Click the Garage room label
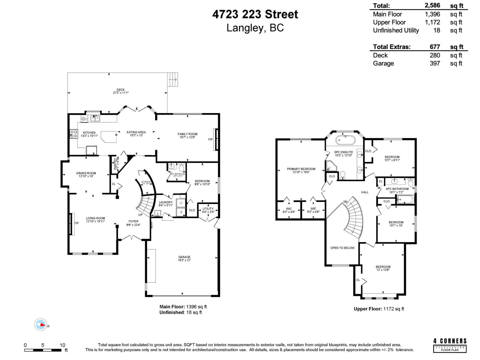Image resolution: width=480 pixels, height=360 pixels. coord(184,257)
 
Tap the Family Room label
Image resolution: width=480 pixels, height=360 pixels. coord(187,134)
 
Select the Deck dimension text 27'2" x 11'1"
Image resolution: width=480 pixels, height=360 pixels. coord(120,93)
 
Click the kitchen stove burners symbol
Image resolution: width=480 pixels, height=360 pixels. coord(73,134)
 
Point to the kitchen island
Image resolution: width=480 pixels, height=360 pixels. coord(109,136)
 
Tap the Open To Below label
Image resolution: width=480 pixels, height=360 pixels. coord(342,248)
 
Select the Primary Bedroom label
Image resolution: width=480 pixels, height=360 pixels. coord(301,169)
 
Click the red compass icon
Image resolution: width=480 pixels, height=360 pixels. coord(40,325)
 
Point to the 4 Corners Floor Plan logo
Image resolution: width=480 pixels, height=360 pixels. coord(450,345)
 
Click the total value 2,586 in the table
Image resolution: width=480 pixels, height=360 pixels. coord(432,5)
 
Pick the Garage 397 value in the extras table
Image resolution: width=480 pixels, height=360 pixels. coord(435,63)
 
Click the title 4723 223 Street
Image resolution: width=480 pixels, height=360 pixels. coord(255,14)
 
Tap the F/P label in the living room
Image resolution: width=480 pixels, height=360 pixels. coord(76,223)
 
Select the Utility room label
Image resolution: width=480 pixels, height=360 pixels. coord(208,209)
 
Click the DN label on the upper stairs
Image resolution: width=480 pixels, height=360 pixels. coord(345,202)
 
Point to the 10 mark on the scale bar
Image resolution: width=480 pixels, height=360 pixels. coord(62,345)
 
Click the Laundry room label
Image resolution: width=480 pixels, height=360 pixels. coord(166,202)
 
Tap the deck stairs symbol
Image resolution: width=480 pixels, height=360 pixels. coord(173,79)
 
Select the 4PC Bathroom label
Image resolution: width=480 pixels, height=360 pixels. coord(397,189)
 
